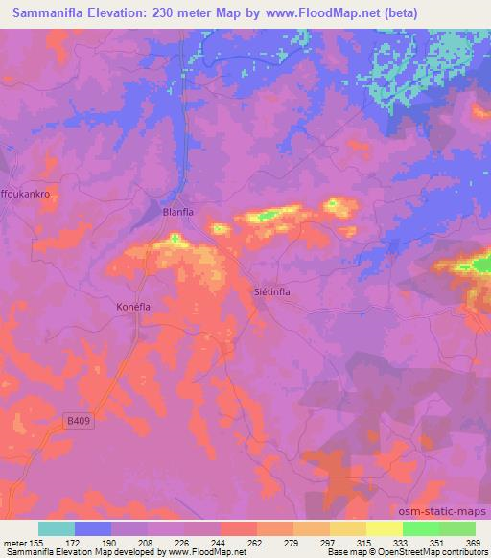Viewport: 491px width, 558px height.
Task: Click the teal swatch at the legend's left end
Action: pyautogui.click(x=57, y=528)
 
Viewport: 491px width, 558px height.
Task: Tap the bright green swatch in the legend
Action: pyautogui.click(x=420, y=528)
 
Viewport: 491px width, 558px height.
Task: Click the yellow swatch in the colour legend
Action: pyautogui.click(x=384, y=528)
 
